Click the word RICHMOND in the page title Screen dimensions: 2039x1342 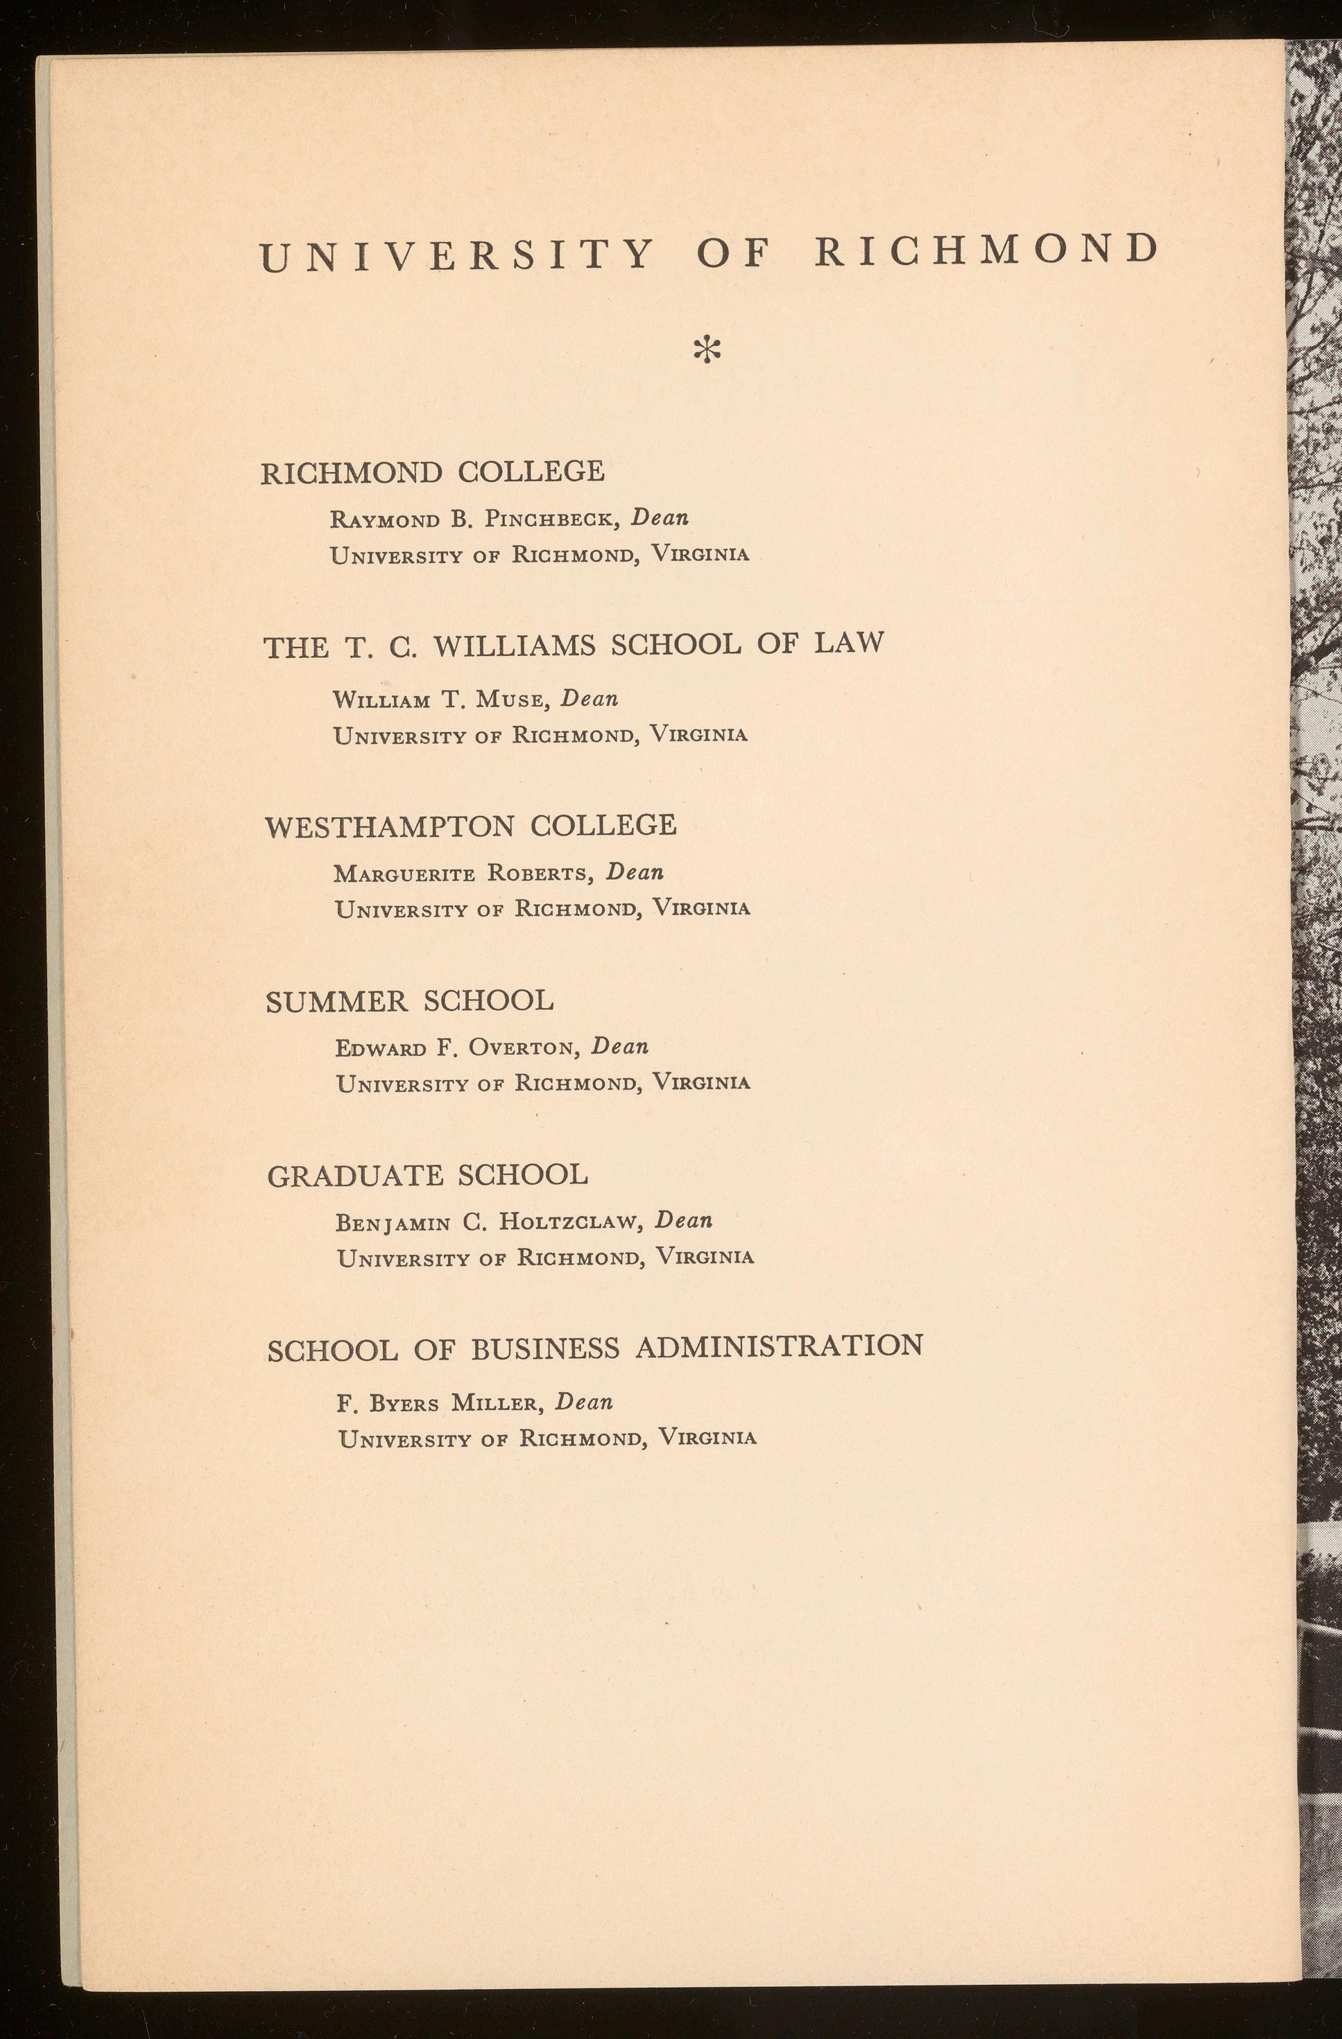986,250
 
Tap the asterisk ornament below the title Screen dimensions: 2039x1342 708,349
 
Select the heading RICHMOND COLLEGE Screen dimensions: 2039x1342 433,472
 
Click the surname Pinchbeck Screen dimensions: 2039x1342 551,519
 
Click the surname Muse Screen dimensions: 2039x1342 512,700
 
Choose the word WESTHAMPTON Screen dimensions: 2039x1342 390,826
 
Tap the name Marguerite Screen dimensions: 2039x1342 405,874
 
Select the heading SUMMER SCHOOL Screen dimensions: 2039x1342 410,1000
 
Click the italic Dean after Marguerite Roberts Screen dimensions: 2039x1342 635,872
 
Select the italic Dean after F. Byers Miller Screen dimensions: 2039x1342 585,1402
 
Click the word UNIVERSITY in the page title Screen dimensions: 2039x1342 456,256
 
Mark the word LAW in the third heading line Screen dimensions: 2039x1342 848,643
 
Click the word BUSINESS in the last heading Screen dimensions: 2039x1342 545,1349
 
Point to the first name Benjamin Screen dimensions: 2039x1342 393,1224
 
